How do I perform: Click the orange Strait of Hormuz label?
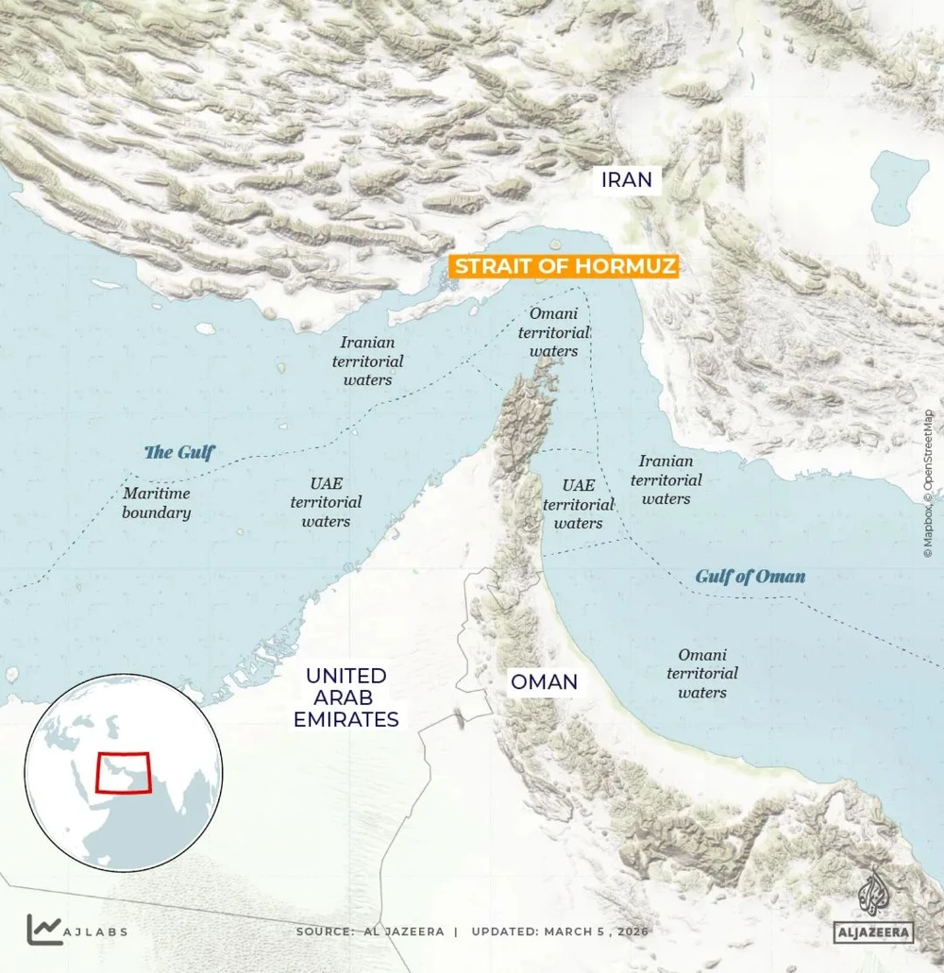click(x=565, y=267)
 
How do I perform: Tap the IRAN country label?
click(x=627, y=179)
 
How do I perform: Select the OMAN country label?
click(x=544, y=681)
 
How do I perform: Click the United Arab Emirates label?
click(x=346, y=697)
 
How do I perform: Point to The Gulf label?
click(x=179, y=453)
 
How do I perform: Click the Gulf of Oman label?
click(x=750, y=577)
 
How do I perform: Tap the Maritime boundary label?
click(x=157, y=503)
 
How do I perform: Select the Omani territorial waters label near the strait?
click(x=554, y=332)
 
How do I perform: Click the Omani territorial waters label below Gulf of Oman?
click(x=702, y=673)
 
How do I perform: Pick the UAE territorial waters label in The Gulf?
click(x=326, y=502)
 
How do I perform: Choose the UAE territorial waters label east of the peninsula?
click(x=578, y=504)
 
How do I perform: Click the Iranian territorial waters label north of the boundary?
click(x=367, y=361)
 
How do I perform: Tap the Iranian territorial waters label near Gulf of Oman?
click(x=666, y=479)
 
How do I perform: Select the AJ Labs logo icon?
click(x=42, y=930)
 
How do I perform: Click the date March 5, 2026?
click(x=596, y=931)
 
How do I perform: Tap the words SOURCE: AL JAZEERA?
click(x=370, y=931)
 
